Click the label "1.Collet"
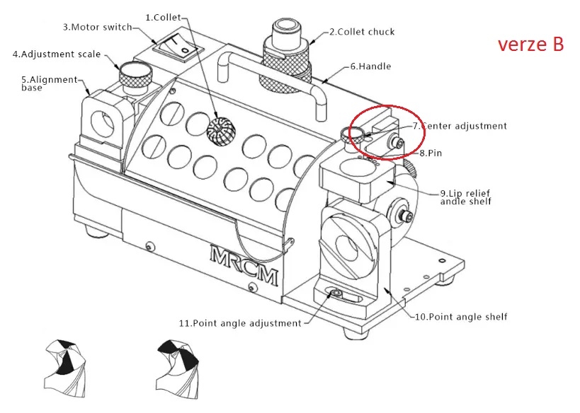[x=163, y=18]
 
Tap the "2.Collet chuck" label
[x=362, y=32]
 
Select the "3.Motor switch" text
[x=97, y=27]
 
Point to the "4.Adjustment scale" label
[x=57, y=54]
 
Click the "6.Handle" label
[x=370, y=66]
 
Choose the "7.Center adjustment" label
[x=460, y=126]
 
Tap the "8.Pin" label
[x=431, y=153]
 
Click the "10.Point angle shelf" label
[x=461, y=317]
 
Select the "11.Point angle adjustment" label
[x=241, y=323]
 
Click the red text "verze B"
[x=531, y=45]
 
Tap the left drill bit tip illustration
[x=66, y=368]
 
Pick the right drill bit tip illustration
[x=177, y=369]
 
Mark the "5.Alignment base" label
[x=49, y=83]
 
